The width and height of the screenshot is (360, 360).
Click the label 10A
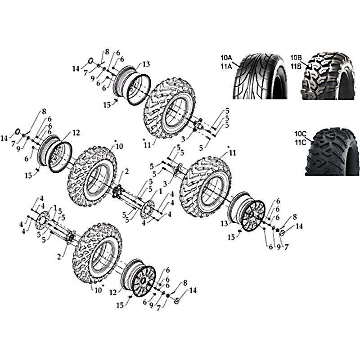[227, 58]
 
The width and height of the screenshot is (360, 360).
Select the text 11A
[227, 66]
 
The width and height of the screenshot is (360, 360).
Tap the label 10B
[296, 58]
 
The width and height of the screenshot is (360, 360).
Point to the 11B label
[296, 66]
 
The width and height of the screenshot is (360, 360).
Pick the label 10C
[301, 134]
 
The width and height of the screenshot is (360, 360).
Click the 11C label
[301, 143]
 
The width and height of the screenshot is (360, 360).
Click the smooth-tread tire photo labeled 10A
[260, 76]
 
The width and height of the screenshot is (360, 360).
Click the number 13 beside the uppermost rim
[146, 64]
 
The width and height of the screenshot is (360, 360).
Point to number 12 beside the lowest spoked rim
[113, 292]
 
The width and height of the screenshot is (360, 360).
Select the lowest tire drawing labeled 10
[97, 252]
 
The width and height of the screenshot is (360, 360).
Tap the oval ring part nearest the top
[91, 61]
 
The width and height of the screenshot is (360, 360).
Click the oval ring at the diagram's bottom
[177, 301]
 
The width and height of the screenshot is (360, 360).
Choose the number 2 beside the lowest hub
[59, 256]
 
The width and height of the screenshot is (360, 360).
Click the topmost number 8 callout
[107, 52]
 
